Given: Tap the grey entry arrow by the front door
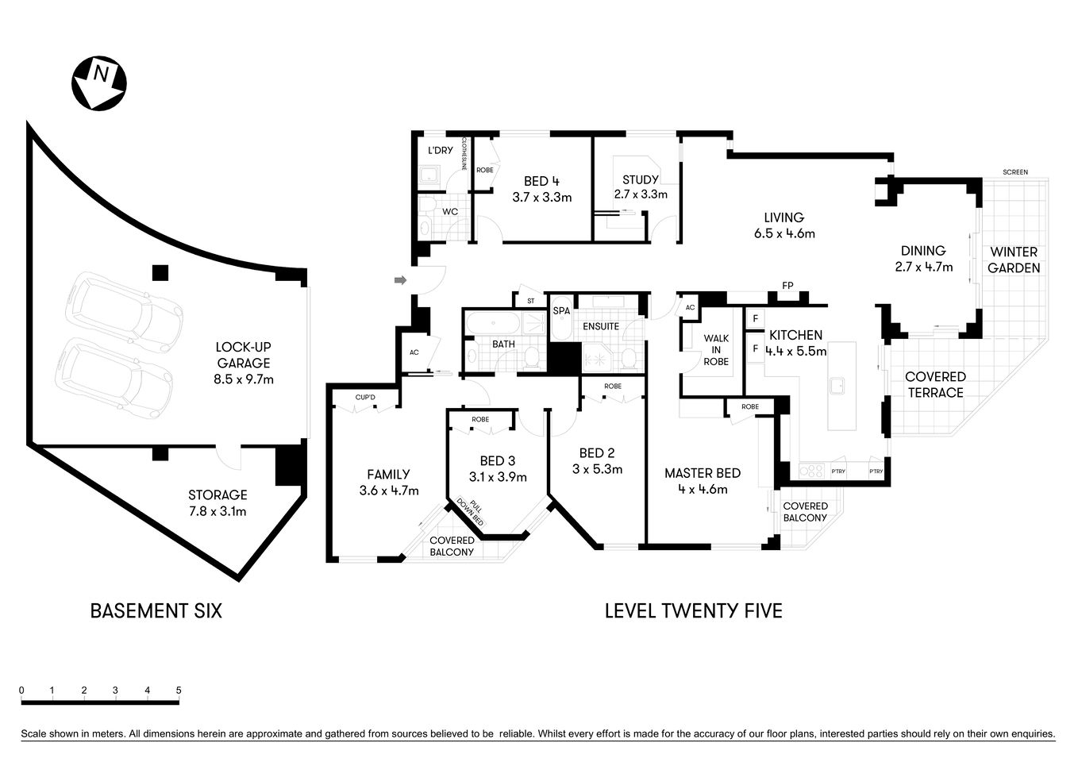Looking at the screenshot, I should (401, 279).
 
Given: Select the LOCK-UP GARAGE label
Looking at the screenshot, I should (244, 363).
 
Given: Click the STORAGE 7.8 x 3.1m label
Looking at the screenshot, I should (218, 502).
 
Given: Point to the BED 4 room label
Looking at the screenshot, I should (541, 189).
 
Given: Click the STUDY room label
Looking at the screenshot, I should (640, 187).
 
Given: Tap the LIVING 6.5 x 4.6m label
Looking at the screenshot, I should (783, 225).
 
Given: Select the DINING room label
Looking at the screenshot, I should (923, 258).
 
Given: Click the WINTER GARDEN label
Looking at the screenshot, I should (1013, 260).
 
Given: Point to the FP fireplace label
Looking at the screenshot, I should (787, 286).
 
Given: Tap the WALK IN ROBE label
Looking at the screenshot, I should (715, 350).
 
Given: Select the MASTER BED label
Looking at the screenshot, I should (702, 481).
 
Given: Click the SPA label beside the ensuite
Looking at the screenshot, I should (561, 311).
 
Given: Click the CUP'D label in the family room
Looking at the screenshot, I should (365, 397).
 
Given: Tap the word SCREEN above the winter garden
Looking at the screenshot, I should (1014, 172).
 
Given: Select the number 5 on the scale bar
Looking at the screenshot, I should (179, 691).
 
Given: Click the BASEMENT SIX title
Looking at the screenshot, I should (156, 610).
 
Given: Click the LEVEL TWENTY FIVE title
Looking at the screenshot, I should (693, 610).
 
